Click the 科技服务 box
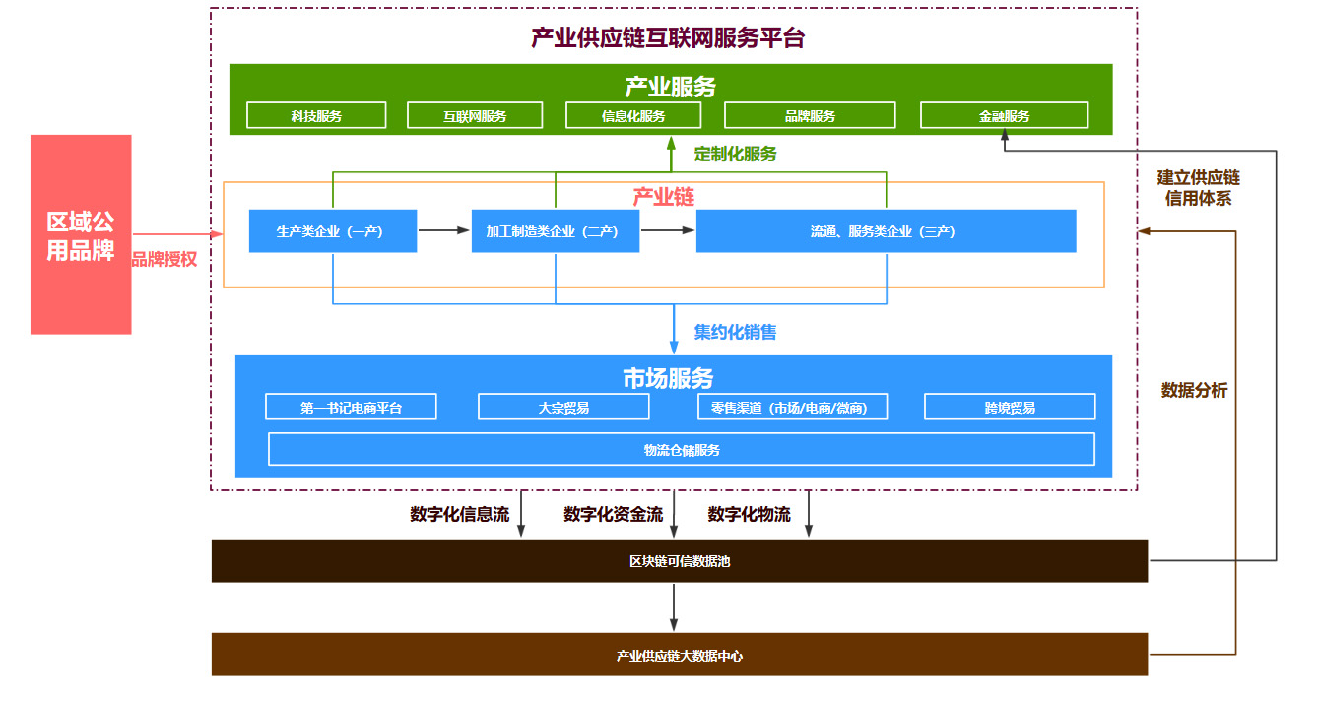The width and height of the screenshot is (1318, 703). (x=315, y=115)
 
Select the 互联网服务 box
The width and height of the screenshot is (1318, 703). (x=475, y=115)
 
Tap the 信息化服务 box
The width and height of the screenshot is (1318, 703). (x=633, y=115)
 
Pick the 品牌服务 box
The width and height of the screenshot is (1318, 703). (x=809, y=115)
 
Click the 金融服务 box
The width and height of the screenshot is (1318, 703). (x=1004, y=115)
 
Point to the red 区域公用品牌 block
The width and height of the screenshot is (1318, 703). (x=81, y=234)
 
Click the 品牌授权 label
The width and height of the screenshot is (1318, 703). (x=165, y=260)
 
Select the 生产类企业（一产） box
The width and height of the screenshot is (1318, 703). (x=332, y=231)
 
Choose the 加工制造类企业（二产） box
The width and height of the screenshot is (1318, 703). (x=555, y=231)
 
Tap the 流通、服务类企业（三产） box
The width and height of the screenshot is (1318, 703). (x=885, y=231)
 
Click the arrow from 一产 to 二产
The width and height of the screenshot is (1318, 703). (x=443, y=231)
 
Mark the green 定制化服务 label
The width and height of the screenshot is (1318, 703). (x=735, y=154)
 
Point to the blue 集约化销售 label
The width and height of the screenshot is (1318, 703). (x=735, y=332)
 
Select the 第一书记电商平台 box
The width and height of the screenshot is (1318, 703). (x=351, y=407)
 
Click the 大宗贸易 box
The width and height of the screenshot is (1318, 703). (x=563, y=407)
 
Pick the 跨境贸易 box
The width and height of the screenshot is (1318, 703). (x=1009, y=407)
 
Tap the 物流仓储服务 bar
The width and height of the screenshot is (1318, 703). (x=681, y=449)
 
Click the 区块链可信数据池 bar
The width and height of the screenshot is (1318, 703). (x=679, y=561)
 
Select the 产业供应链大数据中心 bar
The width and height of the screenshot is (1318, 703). (x=679, y=655)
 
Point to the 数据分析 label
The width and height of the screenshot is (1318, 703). (x=1194, y=390)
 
